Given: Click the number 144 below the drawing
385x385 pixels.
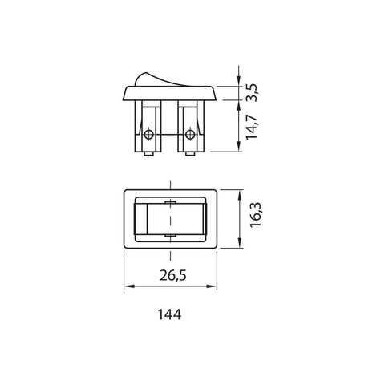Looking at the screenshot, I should tap(168, 315).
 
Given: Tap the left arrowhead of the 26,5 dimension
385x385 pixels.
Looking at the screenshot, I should tap(128, 286).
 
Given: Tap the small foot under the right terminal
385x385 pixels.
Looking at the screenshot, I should tap(190, 156).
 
